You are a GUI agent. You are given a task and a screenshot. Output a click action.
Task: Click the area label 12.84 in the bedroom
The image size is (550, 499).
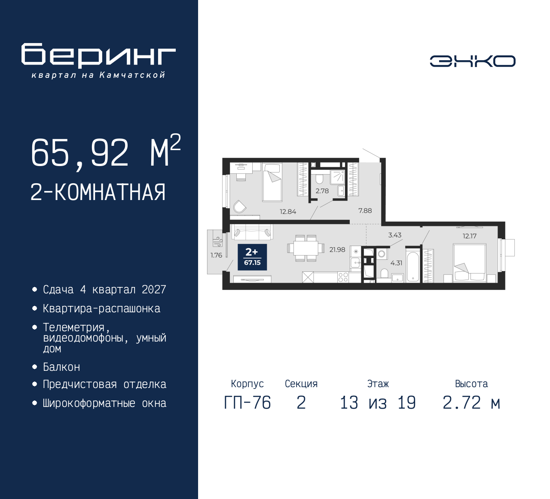click(288, 212)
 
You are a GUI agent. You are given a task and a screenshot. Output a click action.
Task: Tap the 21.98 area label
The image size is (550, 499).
click(337, 249)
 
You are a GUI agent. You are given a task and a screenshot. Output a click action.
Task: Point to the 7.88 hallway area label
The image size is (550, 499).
click(365, 210)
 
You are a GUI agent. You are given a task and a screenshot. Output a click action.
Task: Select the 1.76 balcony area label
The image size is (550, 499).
click(216, 255)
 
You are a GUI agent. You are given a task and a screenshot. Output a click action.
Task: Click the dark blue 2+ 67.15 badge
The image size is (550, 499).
click(252, 257)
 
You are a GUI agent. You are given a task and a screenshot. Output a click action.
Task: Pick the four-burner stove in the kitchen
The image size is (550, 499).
click(343, 277)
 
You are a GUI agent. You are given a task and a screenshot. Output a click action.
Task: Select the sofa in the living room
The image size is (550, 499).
click(252, 232)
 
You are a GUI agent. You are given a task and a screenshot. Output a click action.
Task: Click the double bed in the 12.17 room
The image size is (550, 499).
click(470, 262)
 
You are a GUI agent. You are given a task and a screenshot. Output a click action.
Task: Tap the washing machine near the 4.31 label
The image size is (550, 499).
click(382, 254)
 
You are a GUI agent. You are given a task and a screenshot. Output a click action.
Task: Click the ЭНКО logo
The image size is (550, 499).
click(472, 61)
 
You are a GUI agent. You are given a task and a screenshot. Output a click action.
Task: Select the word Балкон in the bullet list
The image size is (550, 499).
click(61, 367)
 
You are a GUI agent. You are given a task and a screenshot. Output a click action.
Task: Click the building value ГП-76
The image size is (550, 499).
click(247, 403)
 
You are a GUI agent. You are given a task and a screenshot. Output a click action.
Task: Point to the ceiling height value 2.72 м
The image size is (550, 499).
click(471, 403)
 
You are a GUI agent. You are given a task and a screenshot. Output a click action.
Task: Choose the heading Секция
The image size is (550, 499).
click(301, 384)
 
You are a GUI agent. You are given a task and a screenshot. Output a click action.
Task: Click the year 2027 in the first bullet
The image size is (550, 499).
click(154, 290)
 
